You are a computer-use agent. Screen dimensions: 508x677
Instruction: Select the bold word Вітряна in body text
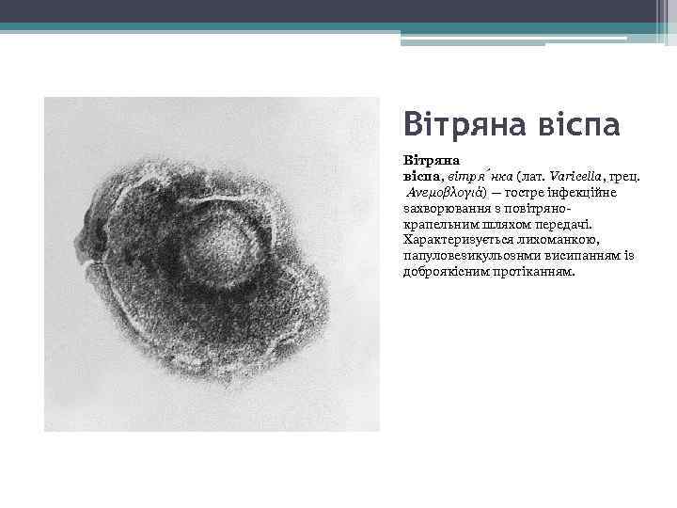click(427, 160)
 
